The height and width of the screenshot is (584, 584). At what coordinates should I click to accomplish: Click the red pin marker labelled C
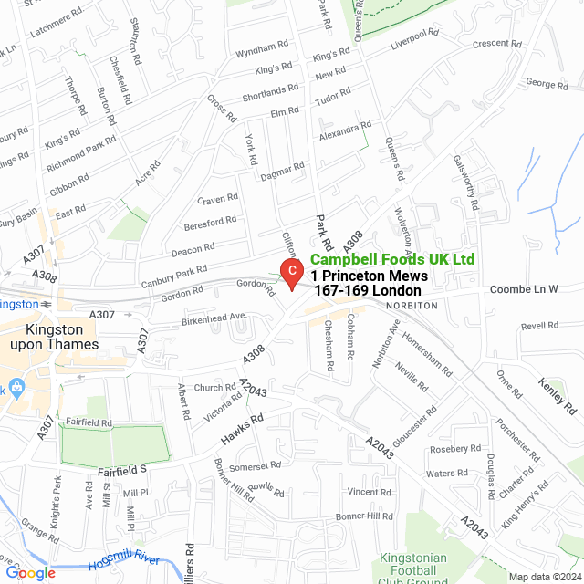click(290, 271)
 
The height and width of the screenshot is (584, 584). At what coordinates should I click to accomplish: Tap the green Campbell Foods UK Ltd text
click(392, 260)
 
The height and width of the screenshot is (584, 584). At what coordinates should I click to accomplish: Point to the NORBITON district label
click(413, 305)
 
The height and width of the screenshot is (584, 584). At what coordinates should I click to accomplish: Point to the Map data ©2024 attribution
click(545, 577)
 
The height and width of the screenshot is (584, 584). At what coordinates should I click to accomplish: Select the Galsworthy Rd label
click(466, 182)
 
